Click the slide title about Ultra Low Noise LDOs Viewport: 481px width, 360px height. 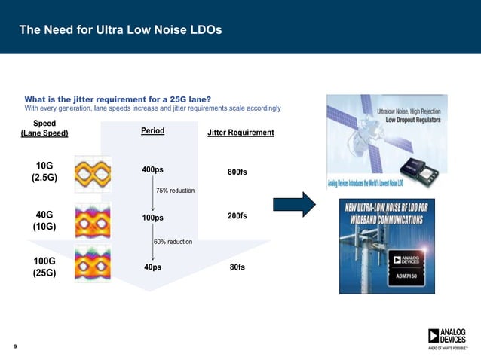120,30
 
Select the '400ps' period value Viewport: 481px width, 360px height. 152,170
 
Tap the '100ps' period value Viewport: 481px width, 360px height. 152,218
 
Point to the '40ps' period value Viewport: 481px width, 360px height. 152,267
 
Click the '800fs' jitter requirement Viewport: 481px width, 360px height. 237,172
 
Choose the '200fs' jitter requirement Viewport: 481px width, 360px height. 237,216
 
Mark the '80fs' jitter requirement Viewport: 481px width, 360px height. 237,267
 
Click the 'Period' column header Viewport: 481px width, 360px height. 152,131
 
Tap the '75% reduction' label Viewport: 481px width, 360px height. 175,191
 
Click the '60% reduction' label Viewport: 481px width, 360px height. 173,242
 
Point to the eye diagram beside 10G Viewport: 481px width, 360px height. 93,174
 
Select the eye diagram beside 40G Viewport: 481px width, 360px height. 93,220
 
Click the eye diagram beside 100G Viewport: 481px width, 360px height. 93,264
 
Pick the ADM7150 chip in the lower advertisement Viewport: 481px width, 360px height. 407,270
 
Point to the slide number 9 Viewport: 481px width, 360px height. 16,346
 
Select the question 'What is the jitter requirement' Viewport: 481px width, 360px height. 118,99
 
